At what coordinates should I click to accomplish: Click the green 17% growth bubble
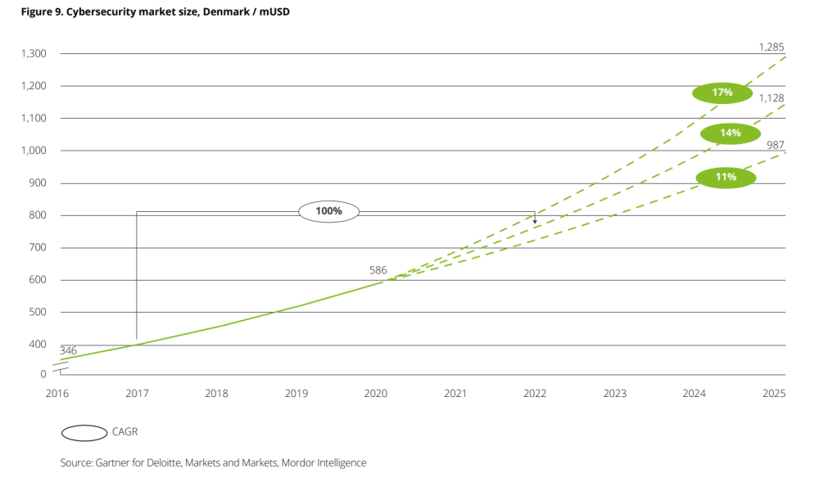(722, 92)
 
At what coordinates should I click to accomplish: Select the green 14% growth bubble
(731, 133)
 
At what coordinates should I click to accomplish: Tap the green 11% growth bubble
(726, 177)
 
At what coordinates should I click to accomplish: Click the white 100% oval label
(328, 211)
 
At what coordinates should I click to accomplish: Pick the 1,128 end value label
(772, 98)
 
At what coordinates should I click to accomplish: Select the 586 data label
(378, 269)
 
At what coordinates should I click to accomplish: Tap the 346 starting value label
(69, 350)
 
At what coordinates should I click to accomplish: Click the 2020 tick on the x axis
(375, 394)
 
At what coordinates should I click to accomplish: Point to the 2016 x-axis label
(57, 394)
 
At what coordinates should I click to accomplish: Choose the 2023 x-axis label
(614, 394)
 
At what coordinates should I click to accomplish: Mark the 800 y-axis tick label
(37, 215)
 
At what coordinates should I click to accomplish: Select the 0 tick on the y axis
(43, 374)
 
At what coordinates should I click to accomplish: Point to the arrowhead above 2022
(535, 220)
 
